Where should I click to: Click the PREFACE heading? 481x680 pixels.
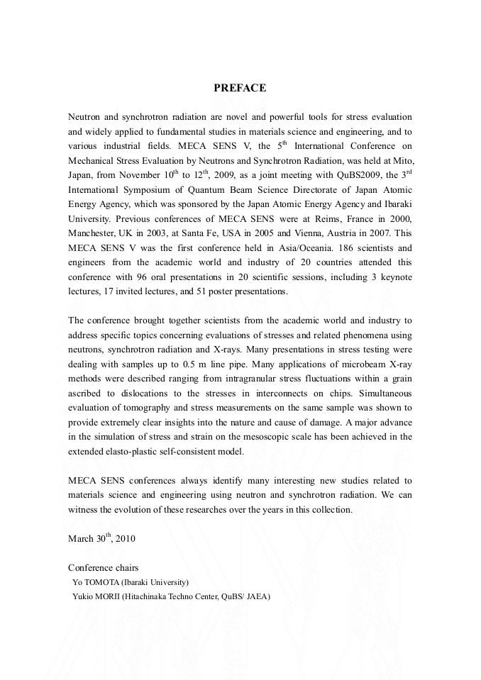click(x=240, y=88)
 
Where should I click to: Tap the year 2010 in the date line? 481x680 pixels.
click(x=126, y=539)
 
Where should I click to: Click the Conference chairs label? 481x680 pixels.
click(x=103, y=567)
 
